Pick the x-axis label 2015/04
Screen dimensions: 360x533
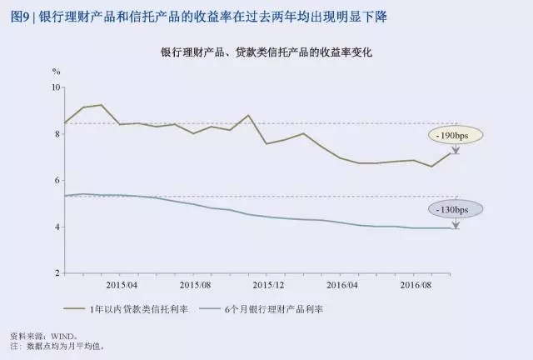(x=121, y=283)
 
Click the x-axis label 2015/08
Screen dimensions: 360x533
(x=195, y=283)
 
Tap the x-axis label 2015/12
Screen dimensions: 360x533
(x=266, y=283)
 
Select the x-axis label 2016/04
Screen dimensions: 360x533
(x=341, y=283)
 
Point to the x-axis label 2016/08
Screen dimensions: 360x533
(x=414, y=283)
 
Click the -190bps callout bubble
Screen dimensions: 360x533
(x=457, y=134)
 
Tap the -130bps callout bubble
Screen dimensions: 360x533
(x=457, y=209)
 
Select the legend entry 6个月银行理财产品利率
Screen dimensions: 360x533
(x=271, y=309)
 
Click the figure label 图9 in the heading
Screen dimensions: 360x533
(x=17, y=16)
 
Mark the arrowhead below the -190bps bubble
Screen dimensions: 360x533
(x=456, y=152)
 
